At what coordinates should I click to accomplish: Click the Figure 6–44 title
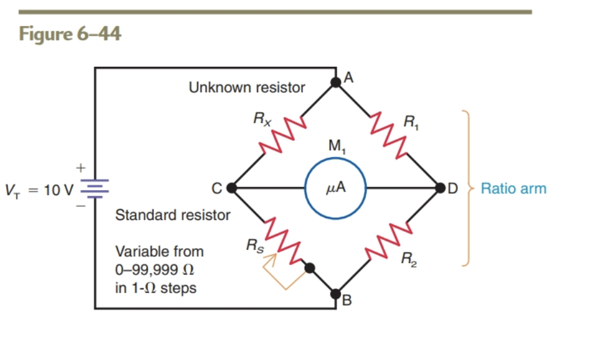point(70,34)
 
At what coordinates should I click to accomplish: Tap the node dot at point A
point(335,81)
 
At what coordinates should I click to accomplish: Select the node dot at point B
point(335,294)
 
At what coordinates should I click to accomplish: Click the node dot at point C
point(232,187)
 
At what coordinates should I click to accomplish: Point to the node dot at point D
point(440,187)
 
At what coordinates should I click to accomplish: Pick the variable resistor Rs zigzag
point(282,239)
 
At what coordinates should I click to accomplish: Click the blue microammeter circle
point(335,187)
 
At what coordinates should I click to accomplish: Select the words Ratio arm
point(514,189)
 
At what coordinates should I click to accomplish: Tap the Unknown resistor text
point(247,87)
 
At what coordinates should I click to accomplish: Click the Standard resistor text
point(173,216)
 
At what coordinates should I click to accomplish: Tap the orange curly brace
point(465,187)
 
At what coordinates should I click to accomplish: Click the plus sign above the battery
point(80,167)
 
